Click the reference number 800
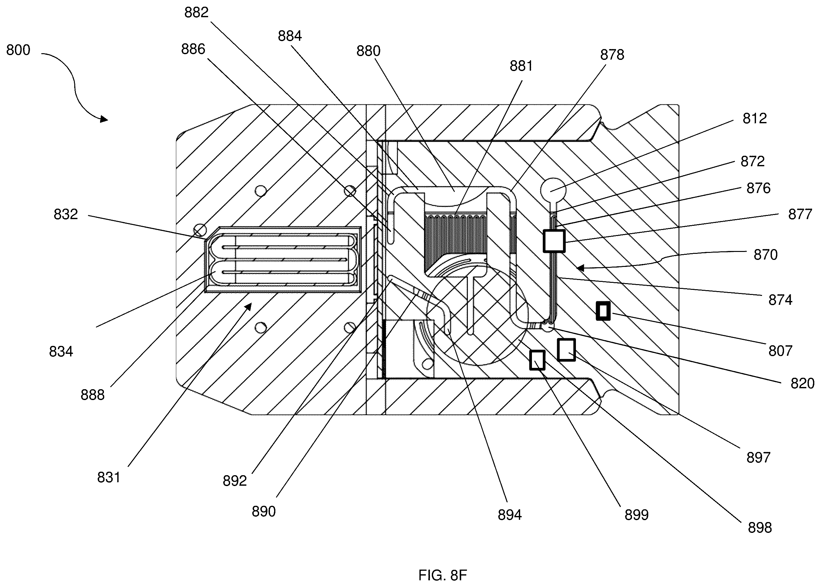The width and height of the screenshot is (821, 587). pos(18,50)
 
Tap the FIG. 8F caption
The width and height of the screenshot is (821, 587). pos(443,575)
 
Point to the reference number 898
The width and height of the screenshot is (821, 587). pos(760,528)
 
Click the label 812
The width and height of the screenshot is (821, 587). pos(755,118)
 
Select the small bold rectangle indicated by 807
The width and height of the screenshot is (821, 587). pos(603,311)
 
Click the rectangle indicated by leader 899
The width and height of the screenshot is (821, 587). pos(537,360)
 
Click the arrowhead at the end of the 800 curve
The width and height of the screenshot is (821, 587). pos(105,119)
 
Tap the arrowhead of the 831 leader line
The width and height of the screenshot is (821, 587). pos(248,307)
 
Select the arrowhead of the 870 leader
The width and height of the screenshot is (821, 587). pos(580,268)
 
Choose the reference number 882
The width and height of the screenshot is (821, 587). pos(196,13)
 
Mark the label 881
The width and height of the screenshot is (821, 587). pos(521,66)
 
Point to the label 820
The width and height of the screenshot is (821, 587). pos(803,383)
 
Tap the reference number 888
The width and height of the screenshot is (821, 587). pos(93,395)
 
